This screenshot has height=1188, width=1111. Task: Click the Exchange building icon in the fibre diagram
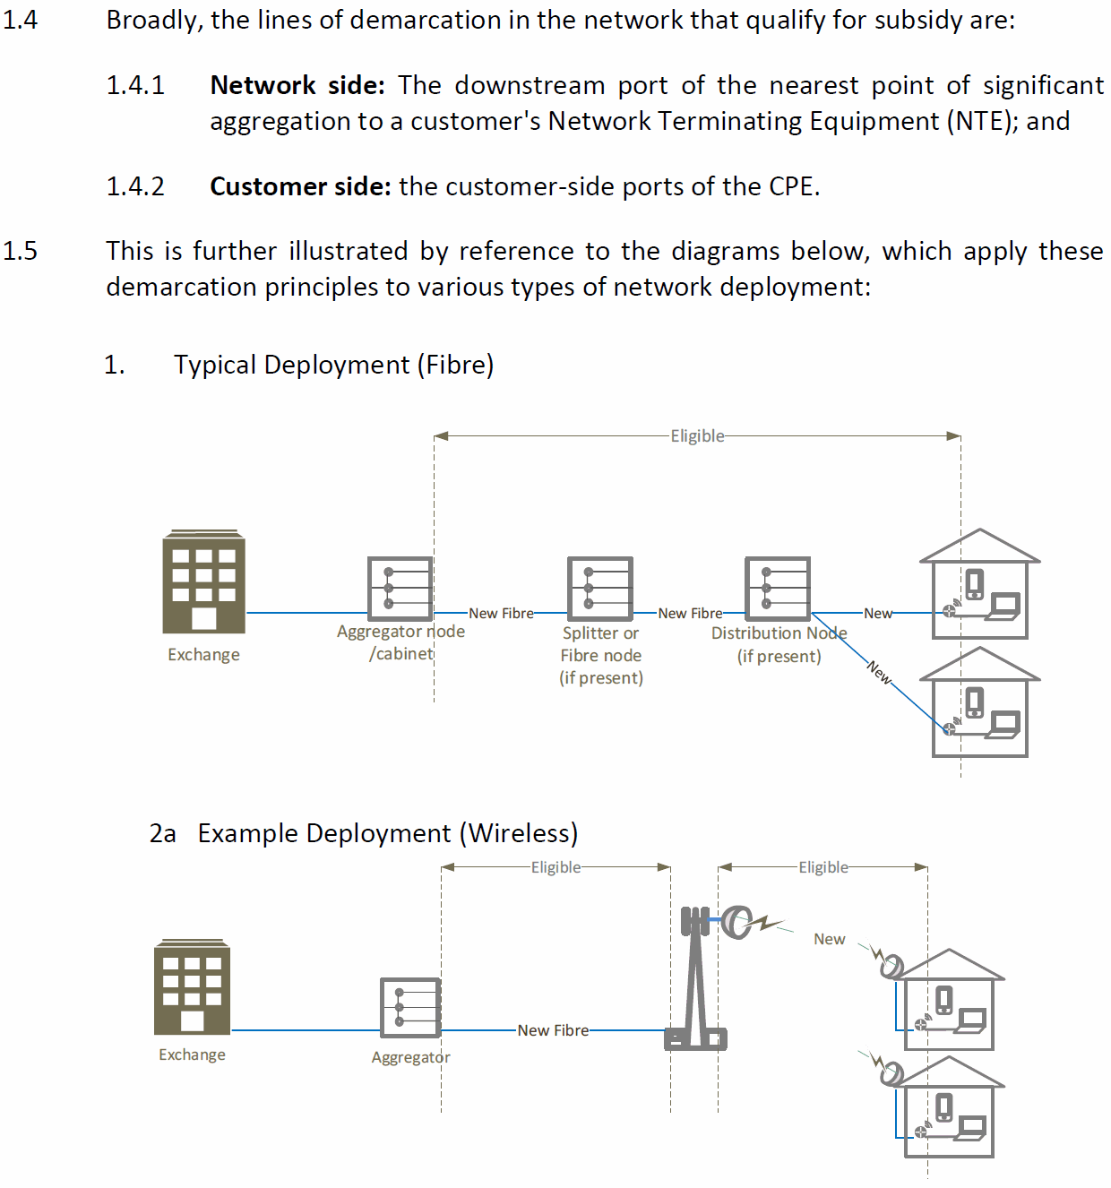(203, 581)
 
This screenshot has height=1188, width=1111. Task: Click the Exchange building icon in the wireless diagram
(192, 986)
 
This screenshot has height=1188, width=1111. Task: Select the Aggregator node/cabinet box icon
(400, 588)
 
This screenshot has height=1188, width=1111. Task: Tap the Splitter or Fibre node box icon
(600, 588)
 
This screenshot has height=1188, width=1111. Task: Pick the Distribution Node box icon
(778, 588)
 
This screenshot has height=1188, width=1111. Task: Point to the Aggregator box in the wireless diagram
(410, 1008)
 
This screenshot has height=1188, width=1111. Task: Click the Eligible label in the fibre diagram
(697, 436)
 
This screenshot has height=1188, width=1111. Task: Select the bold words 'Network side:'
(297, 85)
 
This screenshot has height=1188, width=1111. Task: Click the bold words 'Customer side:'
(300, 186)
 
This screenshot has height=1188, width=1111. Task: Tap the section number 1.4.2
(135, 186)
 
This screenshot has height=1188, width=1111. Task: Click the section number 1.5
(20, 251)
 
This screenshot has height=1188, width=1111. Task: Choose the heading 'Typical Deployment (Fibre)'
(333, 365)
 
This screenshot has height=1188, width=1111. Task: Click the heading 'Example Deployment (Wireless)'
(387, 833)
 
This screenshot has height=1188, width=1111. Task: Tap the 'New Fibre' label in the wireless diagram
(553, 1030)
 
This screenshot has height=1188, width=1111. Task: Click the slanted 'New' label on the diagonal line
(880, 672)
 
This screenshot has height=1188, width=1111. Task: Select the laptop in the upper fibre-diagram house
(1003, 607)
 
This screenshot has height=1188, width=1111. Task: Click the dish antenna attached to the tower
(736, 921)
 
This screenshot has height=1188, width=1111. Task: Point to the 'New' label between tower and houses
(829, 939)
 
